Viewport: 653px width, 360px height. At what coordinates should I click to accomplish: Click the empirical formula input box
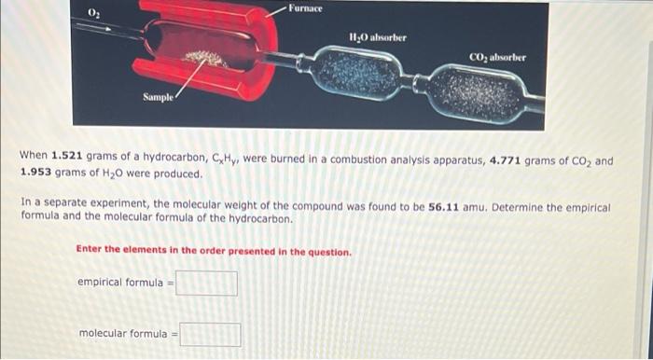click(206, 284)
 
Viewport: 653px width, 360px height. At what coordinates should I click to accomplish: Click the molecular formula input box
click(210, 335)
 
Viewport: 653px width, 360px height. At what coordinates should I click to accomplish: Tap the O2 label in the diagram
click(93, 13)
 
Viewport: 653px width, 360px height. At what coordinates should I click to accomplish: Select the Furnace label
click(306, 8)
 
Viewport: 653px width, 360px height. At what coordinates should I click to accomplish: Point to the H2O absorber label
click(378, 38)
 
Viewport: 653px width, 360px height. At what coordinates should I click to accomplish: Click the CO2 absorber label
click(497, 58)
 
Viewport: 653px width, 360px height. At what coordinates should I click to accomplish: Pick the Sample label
click(158, 97)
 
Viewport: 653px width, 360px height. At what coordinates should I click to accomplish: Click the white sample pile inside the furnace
click(205, 59)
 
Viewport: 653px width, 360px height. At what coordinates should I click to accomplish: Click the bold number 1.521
click(69, 156)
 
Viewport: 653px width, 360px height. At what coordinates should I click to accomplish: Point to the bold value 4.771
click(505, 160)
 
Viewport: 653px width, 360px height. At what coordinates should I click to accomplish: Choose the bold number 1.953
click(35, 173)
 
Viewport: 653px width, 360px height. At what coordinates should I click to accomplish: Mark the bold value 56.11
click(443, 207)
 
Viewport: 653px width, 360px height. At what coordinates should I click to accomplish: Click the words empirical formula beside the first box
click(120, 283)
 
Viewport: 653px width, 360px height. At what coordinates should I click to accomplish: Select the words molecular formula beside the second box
click(123, 333)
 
